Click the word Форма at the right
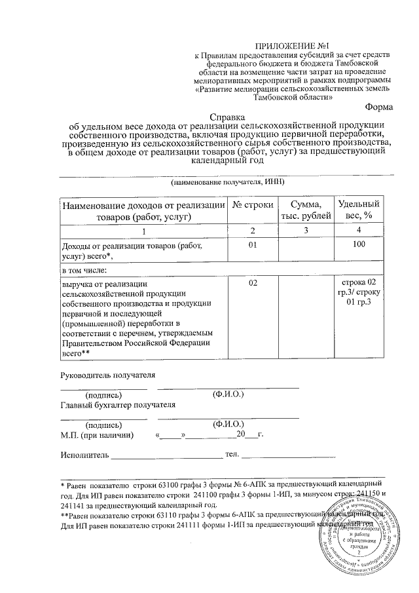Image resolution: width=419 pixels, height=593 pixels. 378,106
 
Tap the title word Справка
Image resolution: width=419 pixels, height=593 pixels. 227,116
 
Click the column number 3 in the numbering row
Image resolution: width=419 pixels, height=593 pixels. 306,231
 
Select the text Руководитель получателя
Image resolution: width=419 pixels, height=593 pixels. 107,375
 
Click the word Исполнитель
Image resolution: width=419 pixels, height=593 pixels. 84,454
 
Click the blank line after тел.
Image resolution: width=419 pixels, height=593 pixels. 288,455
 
